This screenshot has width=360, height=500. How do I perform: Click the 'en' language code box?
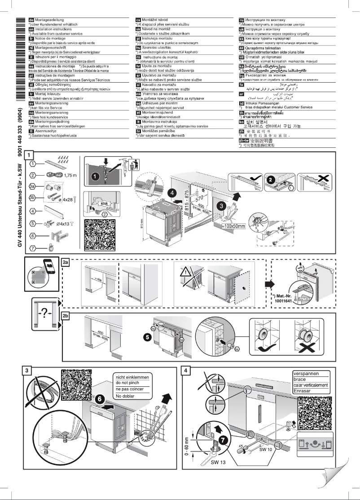click(31, 27)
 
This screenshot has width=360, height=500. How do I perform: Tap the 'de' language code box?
click(31, 20)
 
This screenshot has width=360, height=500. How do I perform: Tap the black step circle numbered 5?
click(147, 335)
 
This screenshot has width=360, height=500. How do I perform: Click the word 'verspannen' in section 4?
click(306, 373)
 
